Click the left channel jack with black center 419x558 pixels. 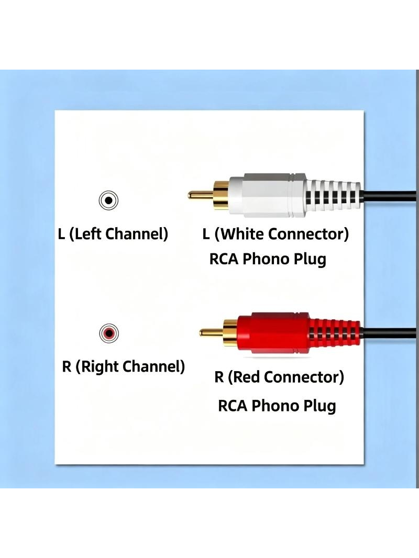click(x=108, y=200)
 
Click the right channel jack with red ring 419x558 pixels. click(x=108, y=333)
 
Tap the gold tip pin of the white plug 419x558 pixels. click(x=201, y=195)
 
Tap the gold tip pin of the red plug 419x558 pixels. click(x=211, y=333)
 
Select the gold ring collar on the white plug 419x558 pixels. click(x=221, y=195)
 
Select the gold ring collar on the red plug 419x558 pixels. click(x=230, y=333)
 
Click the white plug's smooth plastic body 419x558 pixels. click(x=267, y=195)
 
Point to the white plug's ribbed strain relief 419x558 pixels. click(x=334, y=195)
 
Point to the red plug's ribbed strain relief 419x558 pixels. click(x=335, y=333)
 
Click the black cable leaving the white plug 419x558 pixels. click(x=389, y=195)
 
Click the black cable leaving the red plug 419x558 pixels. click(x=389, y=333)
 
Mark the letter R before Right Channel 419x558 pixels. click(x=67, y=366)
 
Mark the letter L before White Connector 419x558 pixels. click(x=206, y=234)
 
